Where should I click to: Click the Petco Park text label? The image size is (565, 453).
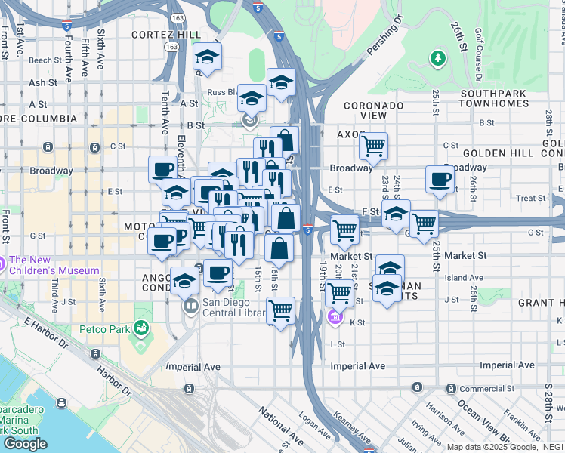[x=104, y=329]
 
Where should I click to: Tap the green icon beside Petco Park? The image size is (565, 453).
[x=140, y=328]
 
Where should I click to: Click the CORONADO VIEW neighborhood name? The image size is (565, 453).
[x=373, y=110]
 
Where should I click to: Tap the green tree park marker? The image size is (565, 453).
[x=437, y=58]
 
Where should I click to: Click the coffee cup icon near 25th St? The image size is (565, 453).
[x=440, y=180]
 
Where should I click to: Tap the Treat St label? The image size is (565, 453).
[x=530, y=199]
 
